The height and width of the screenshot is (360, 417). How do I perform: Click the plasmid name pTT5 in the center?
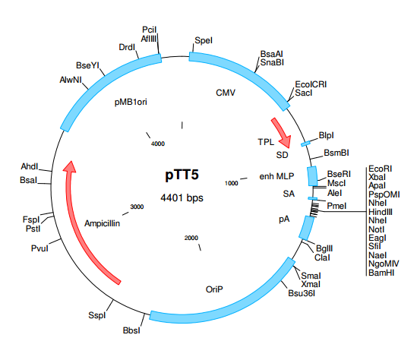click(x=182, y=175)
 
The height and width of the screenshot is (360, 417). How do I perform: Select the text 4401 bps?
click(x=182, y=197)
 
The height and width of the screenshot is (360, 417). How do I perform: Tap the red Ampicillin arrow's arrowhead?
click(x=70, y=169)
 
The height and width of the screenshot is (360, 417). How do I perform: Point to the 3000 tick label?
click(x=137, y=207)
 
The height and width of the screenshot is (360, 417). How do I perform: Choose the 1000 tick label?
click(x=232, y=183)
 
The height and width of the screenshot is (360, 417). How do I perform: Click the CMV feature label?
click(x=226, y=93)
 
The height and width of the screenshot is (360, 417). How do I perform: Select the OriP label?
click(x=215, y=289)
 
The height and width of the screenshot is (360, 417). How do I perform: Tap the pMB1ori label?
click(x=131, y=100)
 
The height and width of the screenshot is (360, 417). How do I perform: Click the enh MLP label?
click(x=276, y=176)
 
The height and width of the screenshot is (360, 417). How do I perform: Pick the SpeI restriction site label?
click(x=204, y=39)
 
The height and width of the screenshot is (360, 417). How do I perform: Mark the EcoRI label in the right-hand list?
click(x=379, y=168)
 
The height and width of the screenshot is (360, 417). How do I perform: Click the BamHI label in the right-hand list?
click(x=381, y=272)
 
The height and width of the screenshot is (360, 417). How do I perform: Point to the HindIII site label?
click(x=380, y=212)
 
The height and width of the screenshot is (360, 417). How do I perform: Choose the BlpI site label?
click(x=327, y=136)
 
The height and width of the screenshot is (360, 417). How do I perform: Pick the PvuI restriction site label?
click(x=39, y=247)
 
